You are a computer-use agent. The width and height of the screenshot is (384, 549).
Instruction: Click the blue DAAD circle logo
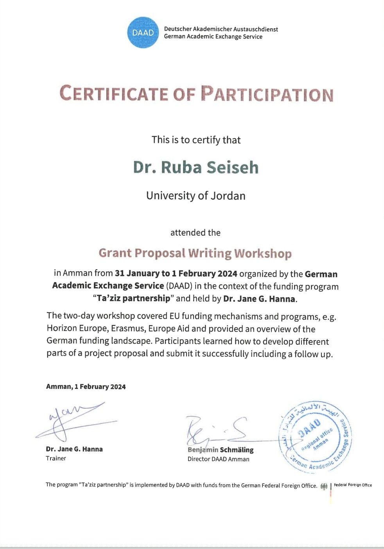click(143, 33)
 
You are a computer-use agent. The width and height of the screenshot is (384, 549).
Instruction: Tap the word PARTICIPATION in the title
click(267, 94)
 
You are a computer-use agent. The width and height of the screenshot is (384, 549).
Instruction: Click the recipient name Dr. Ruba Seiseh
click(196, 167)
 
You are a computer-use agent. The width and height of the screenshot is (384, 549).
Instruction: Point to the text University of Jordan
click(196, 196)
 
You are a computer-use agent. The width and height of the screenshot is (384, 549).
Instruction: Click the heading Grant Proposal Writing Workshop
click(195, 253)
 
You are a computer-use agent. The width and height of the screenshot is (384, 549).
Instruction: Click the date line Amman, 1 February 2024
click(86, 387)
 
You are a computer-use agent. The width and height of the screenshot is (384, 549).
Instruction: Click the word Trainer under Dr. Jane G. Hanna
click(56, 458)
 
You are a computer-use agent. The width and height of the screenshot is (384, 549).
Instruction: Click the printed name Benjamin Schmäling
click(221, 450)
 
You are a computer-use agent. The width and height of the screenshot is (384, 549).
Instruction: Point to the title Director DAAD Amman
click(218, 459)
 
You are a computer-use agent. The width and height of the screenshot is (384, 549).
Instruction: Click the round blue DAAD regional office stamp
click(316, 436)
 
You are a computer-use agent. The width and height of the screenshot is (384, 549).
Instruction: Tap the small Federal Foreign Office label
click(353, 485)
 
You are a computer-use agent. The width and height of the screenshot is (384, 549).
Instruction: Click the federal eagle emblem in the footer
click(324, 486)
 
